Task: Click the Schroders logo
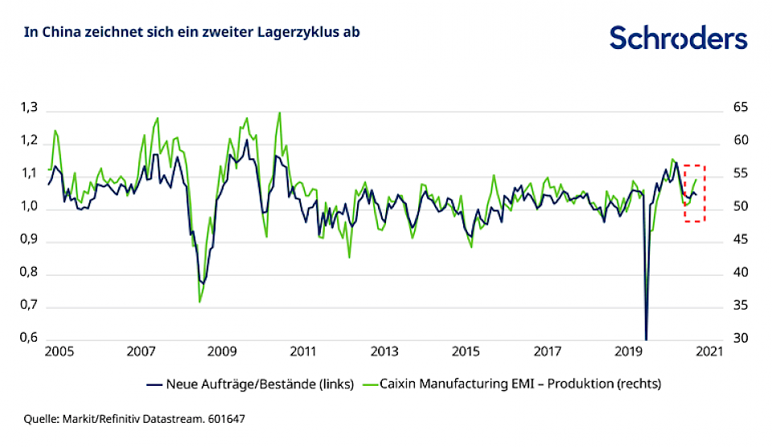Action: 678,37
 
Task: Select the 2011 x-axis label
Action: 302,352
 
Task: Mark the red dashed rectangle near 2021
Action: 695,193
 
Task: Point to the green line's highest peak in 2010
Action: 279,113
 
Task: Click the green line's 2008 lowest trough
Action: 199,301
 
